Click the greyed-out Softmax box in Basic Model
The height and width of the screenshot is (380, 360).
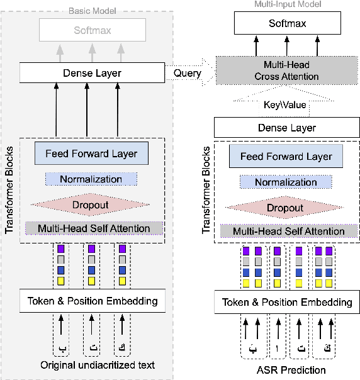tap(93, 30)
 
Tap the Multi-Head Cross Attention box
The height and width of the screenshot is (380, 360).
tap(286, 70)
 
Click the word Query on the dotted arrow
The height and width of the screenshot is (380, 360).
tap(187, 73)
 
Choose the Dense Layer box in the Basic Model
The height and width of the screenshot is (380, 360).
tap(93, 73)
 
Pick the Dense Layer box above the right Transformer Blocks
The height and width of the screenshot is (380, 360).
tap(286, 128)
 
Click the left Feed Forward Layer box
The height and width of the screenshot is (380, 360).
tap(91, 153)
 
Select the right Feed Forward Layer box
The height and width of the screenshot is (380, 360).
tap(286, 157)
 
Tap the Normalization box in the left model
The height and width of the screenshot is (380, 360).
tap(91, 179)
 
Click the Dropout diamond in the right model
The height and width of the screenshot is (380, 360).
tap(286, 208)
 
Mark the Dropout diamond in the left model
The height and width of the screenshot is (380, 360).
tap(91, 204)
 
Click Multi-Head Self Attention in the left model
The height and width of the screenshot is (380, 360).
tap(94, 228)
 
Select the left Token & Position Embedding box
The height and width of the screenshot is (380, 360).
tap(93, 301)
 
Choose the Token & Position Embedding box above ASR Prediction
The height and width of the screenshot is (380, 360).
tap(287, 303)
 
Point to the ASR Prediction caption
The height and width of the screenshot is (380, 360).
tap(287, 370)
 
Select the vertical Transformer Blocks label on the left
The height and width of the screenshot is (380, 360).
tap(9, 189)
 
